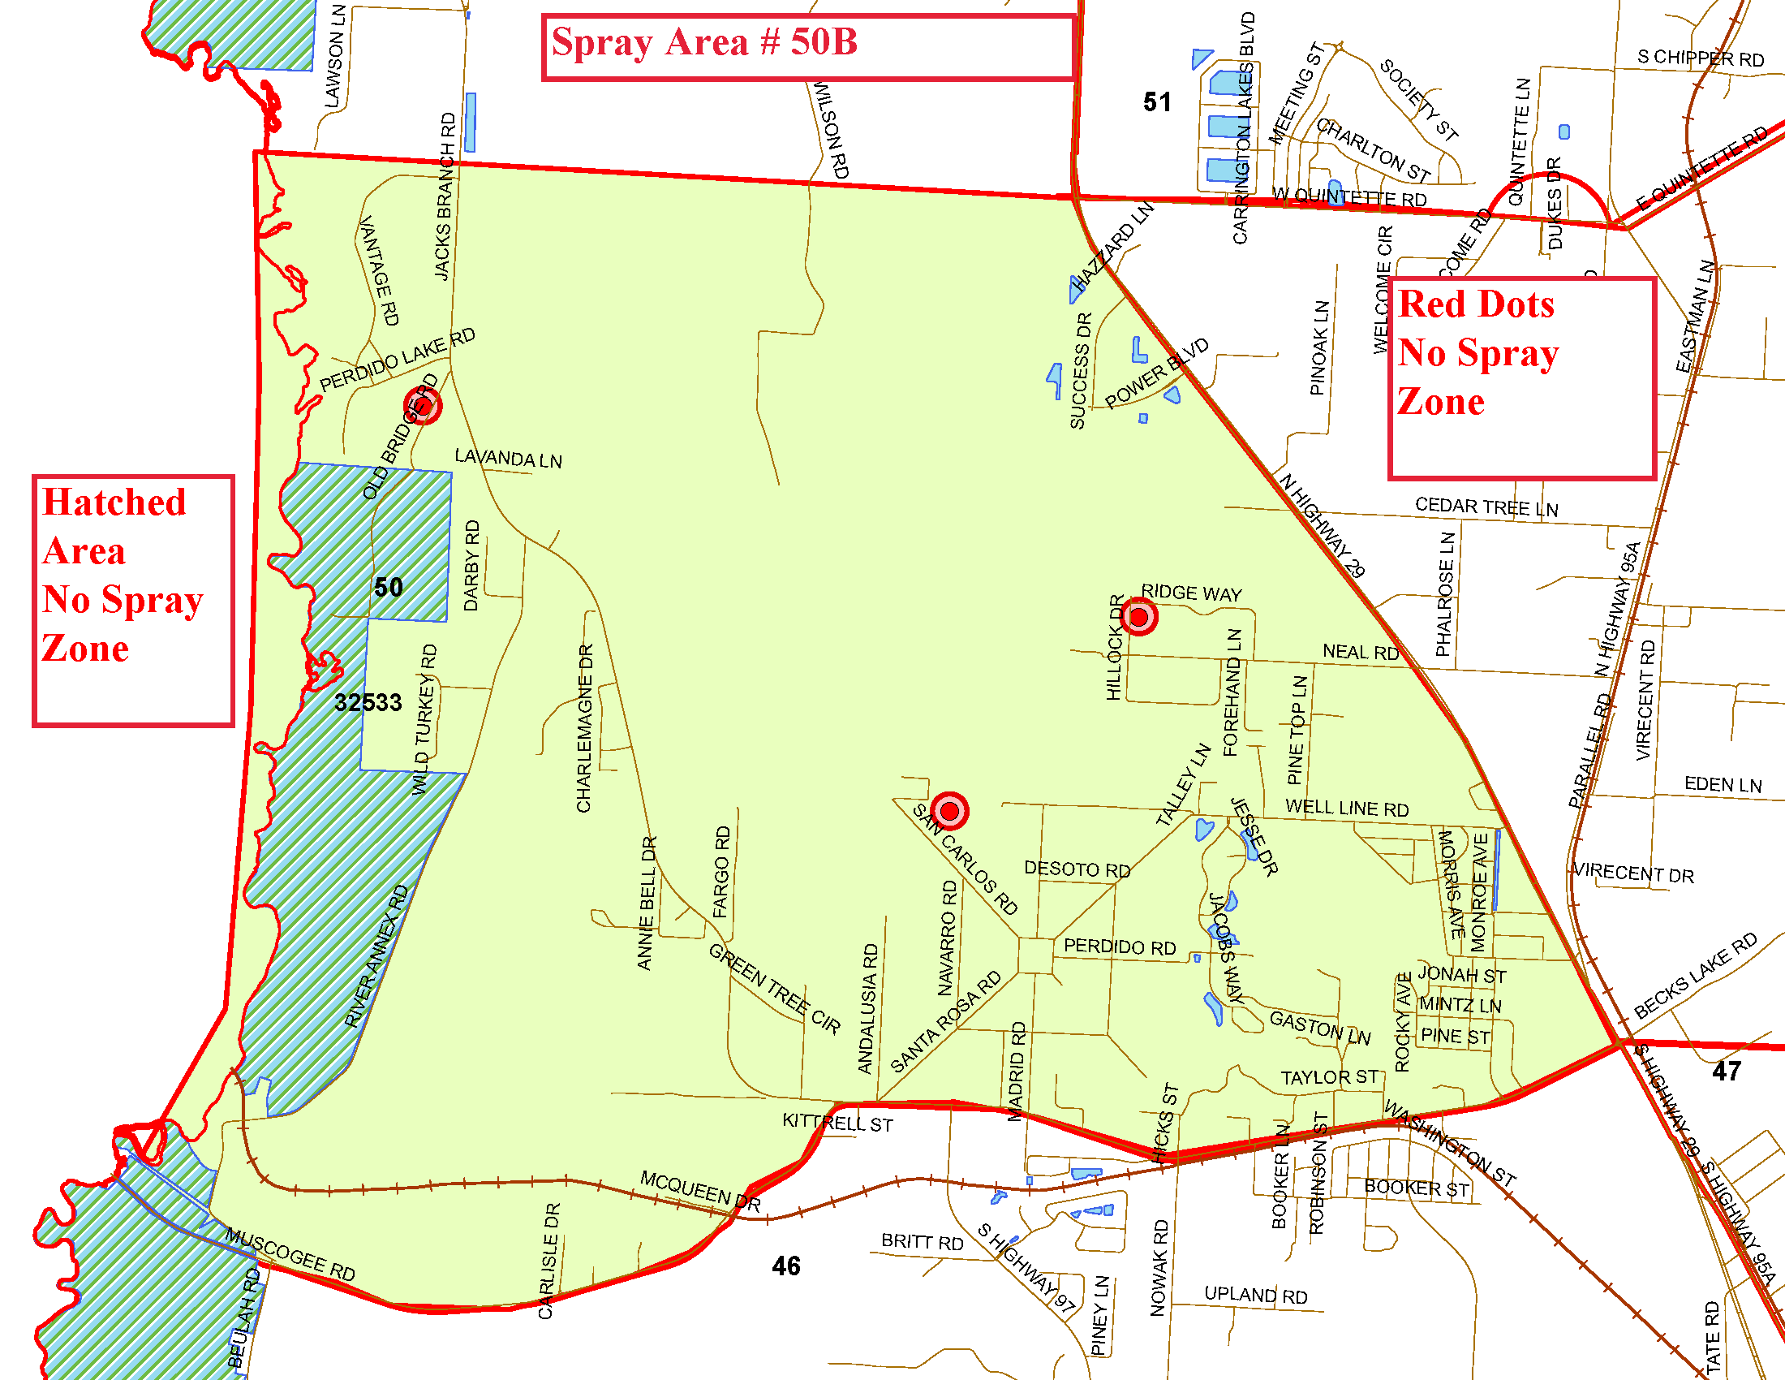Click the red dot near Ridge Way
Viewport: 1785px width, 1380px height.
[x=1138, y=616]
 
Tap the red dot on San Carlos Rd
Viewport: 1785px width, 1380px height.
[x=949, y=811]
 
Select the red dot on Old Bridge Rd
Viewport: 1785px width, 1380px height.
[x=423, y=406]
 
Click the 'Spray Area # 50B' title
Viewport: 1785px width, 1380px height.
[x=703, y=42]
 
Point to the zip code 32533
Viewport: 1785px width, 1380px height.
[x=368, y=702]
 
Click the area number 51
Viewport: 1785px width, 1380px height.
[x=1156, y=102]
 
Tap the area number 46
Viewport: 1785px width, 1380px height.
[x=785, y=1266]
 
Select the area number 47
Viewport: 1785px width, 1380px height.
[x=1726, y=1071]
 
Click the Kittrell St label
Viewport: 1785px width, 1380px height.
[x=837, y=1123]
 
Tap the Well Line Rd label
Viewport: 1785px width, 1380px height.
[x=1347, y=808]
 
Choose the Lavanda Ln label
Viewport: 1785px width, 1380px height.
[x=509, y=459]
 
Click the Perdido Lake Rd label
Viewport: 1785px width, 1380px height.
[x=398, y=360]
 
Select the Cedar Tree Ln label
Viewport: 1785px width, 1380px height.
[x=1486, y=507]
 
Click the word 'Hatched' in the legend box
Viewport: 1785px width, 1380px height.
[x=114, y=502]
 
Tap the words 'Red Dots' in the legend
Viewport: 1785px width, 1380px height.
[x=1476, y=304]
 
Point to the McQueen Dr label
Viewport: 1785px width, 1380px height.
[x=699, y=1190]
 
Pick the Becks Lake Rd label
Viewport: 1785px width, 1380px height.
[x=1695, y=975]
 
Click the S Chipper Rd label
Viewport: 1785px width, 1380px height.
[x=1700, y=58]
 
